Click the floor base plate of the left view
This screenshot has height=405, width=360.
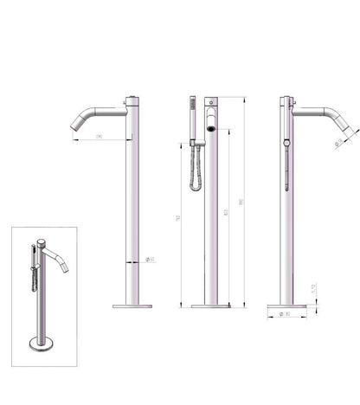[132, 305]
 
